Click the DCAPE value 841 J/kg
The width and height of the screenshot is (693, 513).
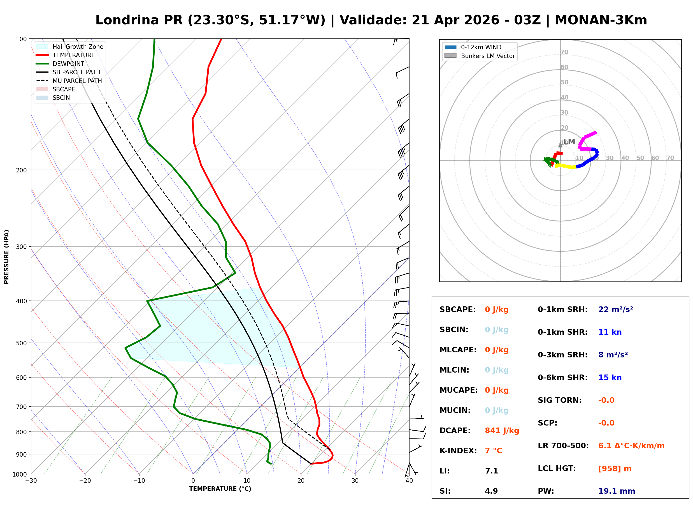[502, 430]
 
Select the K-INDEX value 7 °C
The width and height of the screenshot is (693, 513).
[493, 450]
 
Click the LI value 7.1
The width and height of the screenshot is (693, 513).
[491, 471]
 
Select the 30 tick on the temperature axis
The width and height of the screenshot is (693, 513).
[355, 481]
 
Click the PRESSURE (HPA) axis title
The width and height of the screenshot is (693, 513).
[6, 257]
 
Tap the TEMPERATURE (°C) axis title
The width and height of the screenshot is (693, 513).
[220, 489]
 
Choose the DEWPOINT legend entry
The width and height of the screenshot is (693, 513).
[68, 64]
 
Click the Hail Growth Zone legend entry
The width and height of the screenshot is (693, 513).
[78, 47]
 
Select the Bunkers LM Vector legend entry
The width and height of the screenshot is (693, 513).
[488, 56]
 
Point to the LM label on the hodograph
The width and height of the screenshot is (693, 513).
[569, 142]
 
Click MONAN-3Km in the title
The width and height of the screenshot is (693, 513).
[601, 20]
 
